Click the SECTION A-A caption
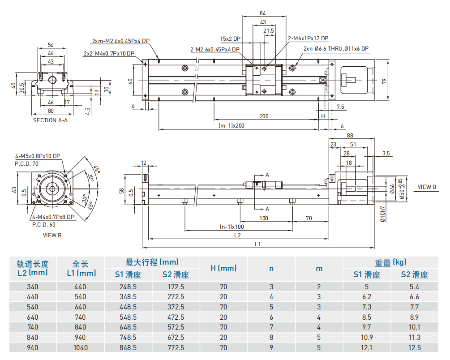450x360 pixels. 50,120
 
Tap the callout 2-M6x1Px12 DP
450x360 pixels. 308,39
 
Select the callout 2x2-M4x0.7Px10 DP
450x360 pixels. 109,54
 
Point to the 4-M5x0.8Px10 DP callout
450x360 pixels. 37,156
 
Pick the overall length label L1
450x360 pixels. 258,244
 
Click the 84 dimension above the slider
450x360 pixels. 263,13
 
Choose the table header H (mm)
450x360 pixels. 223,268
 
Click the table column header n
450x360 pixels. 271,268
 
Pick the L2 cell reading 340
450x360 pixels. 33,287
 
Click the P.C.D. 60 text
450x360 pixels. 44,224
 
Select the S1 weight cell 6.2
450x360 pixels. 367,296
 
